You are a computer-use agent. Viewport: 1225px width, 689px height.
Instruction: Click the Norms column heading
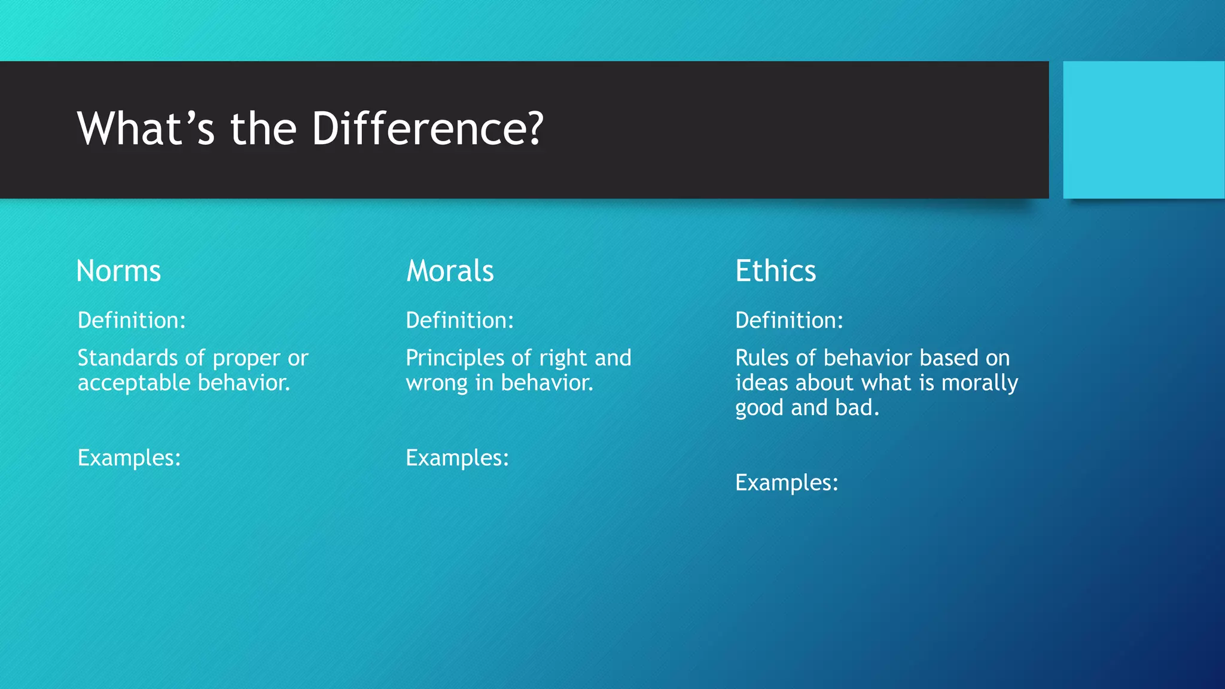[x=118, y=271]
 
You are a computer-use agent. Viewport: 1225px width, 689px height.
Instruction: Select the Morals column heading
[x=450, y=271]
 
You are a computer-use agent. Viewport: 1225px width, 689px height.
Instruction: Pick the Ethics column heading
[x=775, y=271]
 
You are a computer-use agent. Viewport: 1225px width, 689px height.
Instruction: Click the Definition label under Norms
[x=132, y=321]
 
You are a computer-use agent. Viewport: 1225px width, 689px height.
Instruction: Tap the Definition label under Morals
[x=459, y=321]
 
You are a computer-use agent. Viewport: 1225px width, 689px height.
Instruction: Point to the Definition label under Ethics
[x=789, y=321]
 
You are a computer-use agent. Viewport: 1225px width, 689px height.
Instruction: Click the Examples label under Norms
[x=129, y=458]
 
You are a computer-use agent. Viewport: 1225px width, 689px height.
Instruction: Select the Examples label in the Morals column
[x=457, y=458]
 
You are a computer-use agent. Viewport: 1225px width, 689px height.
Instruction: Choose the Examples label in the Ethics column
[x=787, y=483]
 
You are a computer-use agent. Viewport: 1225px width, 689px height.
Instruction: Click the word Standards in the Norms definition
[x=127, y=358]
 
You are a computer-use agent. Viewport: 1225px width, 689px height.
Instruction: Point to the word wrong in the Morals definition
[x=436, y=383]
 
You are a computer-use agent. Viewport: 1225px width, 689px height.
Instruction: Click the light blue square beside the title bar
[x=1143, y=130]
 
